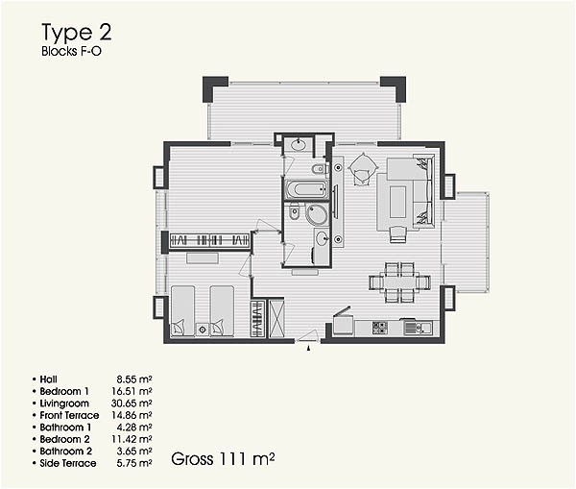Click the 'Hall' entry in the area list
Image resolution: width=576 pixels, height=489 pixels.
(50, 379)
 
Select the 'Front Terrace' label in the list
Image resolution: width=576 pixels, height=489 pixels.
(69, 415)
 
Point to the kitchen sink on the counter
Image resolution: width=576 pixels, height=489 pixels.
(413, 328)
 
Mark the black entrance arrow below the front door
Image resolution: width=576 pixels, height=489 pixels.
(307, 350)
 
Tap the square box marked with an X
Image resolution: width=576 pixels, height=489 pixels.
(276, 317)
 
